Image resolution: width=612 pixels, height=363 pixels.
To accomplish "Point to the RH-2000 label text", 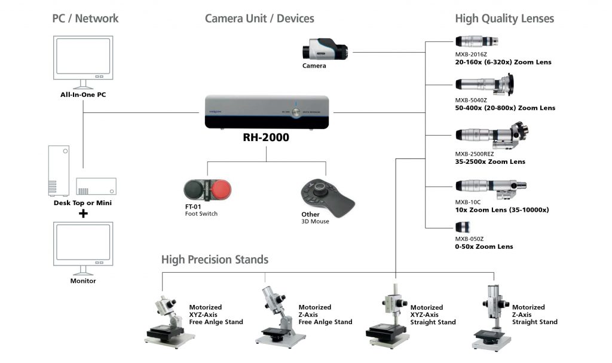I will coord(266,138).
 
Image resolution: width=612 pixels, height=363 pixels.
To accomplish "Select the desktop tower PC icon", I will coord(59,170).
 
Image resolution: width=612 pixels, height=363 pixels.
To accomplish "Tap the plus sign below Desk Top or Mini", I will coord(83,213).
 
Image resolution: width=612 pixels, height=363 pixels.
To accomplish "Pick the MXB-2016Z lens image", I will coord(476,42).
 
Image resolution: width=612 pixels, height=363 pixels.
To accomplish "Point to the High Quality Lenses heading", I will coord(504,19).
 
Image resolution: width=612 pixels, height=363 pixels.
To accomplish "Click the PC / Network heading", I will coord(85,19).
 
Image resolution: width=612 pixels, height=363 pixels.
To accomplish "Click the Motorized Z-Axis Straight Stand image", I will coord(492,317).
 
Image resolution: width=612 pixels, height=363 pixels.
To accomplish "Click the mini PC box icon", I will coord(96,186).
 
